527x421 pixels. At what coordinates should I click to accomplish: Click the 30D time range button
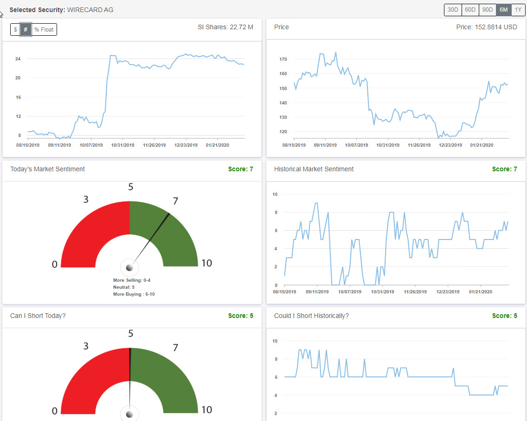[453, 10]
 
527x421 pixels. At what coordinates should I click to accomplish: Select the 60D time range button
[470, 10]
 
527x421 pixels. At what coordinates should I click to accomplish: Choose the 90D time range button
[487, 10]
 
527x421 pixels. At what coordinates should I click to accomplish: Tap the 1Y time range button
[518, 10]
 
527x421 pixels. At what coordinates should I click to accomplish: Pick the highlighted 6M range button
[503, 10]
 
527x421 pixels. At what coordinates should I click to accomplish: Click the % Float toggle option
[44, 30]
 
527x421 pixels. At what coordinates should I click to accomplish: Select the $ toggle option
[15, 30]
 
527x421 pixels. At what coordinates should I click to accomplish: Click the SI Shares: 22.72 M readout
[225, 27]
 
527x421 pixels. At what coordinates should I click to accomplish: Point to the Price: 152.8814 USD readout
[487, 27]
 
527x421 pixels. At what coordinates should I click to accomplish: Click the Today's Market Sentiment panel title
[47, 169]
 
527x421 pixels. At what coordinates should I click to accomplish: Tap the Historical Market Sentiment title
[314, 169]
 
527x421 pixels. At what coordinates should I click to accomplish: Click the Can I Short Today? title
[38, 316]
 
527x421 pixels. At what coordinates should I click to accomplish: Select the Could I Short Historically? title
[311, 316]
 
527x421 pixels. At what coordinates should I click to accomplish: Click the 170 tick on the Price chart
[283, 59]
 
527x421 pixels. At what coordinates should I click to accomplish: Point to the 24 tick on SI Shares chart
[18, 59]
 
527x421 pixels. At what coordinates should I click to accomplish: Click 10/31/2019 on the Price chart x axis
[387, 145]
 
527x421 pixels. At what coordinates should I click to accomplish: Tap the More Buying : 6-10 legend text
[134, 294]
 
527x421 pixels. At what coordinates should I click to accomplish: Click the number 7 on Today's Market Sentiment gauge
[175, 201]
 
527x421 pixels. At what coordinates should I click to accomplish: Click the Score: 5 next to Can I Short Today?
[240, 316]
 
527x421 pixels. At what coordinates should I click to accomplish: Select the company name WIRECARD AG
[90, 10]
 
